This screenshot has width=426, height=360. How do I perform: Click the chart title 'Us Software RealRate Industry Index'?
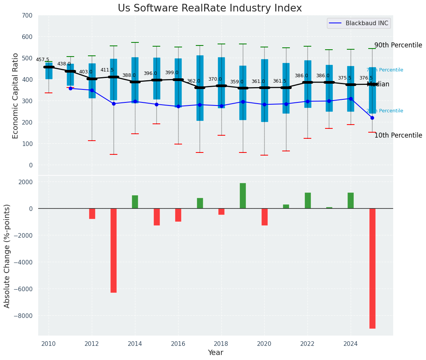210,8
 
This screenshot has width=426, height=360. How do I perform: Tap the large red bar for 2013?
114,250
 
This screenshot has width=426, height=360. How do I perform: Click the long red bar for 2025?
372,268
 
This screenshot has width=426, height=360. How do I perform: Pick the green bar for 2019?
243,196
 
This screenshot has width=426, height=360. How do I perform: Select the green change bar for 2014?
135,202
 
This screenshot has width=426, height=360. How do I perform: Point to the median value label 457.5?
42,60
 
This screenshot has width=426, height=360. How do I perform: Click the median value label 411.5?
107,70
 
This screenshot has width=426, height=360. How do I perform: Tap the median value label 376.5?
366,78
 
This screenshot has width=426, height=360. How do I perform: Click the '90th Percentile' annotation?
398,45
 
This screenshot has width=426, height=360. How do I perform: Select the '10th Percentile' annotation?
398,135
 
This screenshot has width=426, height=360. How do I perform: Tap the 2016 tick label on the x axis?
178,344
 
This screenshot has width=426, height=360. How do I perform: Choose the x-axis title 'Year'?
215,353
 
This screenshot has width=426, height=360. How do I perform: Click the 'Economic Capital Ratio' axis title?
15,96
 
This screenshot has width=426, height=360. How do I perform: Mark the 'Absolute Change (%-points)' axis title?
7,256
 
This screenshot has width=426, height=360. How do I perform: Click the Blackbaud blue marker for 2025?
372,118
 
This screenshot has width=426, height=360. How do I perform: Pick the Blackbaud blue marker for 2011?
70,88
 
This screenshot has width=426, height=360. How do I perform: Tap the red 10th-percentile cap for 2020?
264,155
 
